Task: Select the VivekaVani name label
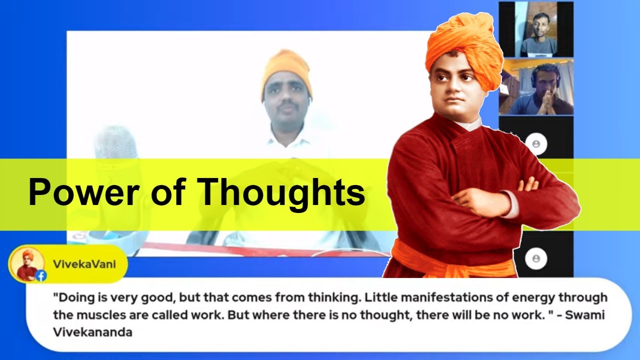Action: point(84,264)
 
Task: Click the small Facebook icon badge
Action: point(41,275)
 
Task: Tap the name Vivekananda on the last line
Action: point(92,331)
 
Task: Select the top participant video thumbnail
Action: point(536,29)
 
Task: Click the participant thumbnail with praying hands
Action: point(536,87)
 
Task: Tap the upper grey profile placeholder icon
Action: point(536,144)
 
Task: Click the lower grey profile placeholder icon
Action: point(536,258)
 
